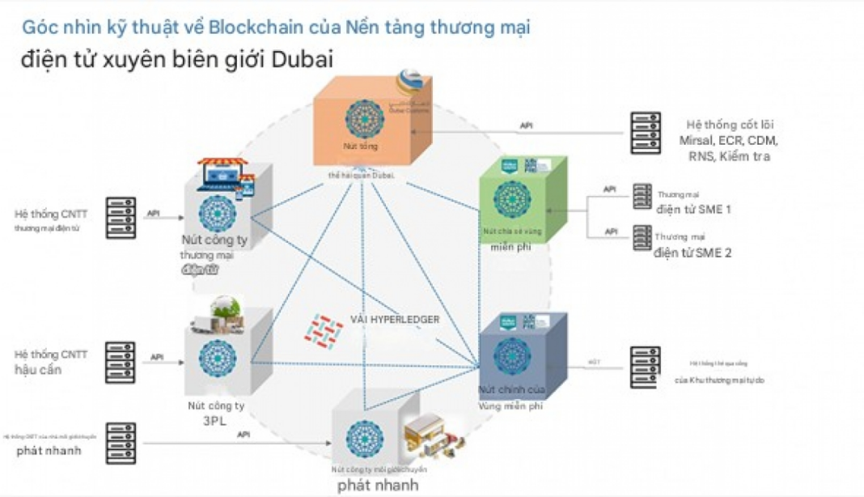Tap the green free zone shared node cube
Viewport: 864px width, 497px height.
pyautogui.click(x=521, y=198)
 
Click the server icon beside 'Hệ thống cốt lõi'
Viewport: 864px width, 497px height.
pyautogui.click(x=646, y=133)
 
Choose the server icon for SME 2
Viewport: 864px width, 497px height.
pyautogui.click(x=642, y=238)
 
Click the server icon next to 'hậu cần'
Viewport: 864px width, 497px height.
pyautogui.click(x=121, y=362)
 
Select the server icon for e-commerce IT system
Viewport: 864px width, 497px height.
pyautogui.click(x=121, y=217)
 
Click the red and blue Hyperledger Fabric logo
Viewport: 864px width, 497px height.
pyautogui.click(x=323, y=329)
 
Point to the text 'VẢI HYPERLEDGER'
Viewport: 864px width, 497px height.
pyautogui.click(x=395, y=320)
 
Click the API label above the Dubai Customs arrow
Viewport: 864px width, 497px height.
pyautogui.click(x=527, y=125)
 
